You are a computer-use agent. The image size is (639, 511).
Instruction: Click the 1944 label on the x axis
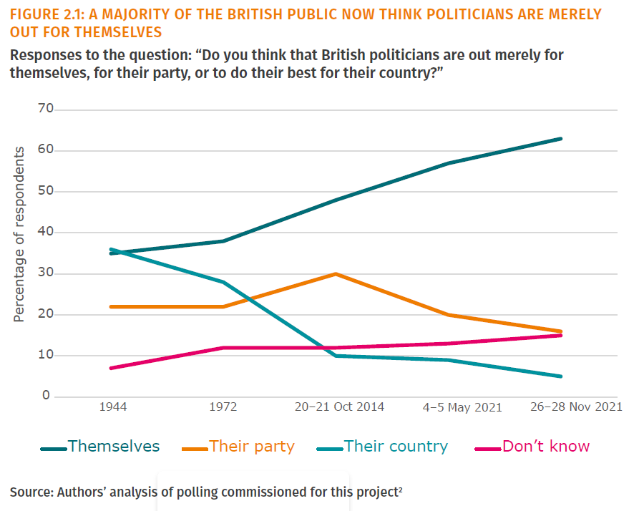coord(113,407)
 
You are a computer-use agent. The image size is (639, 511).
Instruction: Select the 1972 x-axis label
coord(223,407)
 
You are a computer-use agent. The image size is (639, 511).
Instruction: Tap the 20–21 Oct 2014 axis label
coord(339,407)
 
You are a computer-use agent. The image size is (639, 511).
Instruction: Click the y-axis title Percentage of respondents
coord(19,234)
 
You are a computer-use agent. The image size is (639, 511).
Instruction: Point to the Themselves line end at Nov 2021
coord(561,139)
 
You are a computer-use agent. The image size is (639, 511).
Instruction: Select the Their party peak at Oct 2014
coord(336,274)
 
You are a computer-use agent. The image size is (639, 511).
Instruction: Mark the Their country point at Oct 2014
coord(336,356)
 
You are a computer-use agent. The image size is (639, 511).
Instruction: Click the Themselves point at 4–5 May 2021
coord(448,163)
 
